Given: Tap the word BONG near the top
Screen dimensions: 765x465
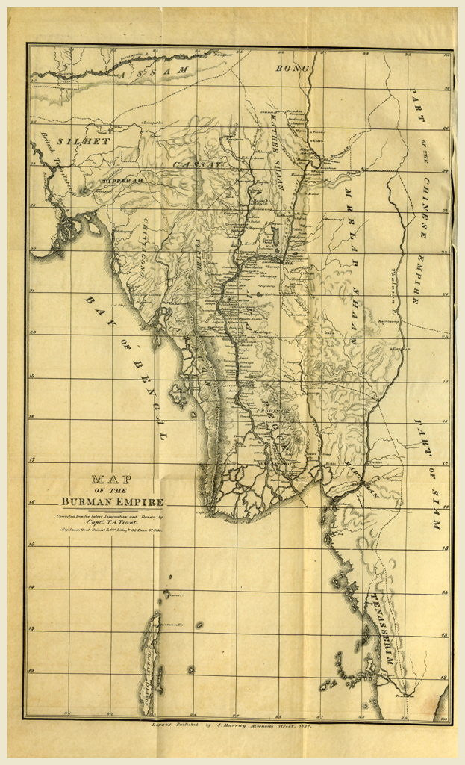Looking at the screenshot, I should tap(287, 69).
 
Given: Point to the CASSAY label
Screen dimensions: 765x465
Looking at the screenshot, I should tap(197, 164).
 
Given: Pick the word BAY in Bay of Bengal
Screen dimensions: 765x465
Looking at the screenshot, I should tap(97, 310).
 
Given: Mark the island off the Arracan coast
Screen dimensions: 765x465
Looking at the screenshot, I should tap(178, 391).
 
